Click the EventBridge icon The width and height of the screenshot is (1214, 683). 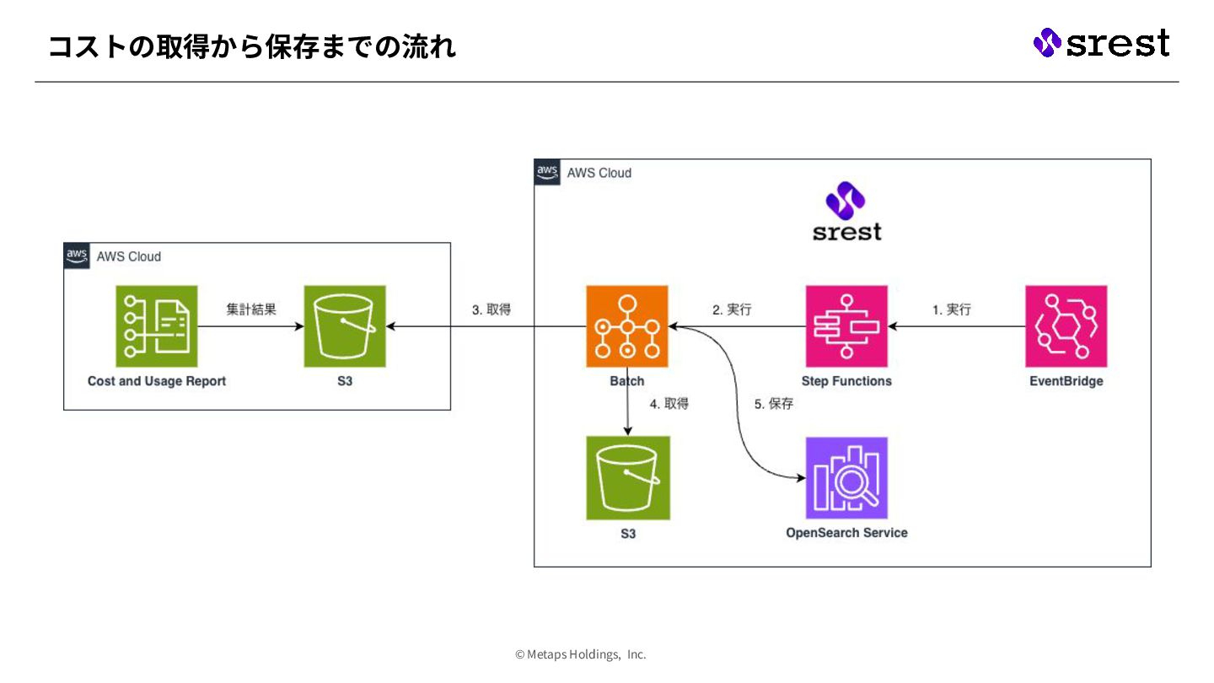(x=1066, y=326)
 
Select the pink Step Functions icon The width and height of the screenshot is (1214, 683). (x=846, y=326)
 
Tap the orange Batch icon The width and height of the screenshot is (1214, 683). (x=627, y=326)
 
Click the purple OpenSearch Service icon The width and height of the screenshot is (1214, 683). (x=846, y=478)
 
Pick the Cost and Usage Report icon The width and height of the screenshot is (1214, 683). (x=157, y=326)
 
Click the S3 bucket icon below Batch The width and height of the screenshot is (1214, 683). (x=628, y=478)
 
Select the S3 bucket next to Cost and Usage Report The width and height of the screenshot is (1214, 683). (x=345, y=326)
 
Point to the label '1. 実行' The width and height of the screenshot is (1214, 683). (x=952, y=309)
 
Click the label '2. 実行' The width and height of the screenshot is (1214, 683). (x=732, y=309)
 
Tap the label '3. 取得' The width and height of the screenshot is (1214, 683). (x=491, y=309)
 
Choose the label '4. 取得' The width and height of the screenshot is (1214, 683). (x=669, y=404)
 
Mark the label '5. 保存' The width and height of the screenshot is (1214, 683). (x=774, y=404)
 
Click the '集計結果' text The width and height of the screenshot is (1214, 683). (x=251, y=309)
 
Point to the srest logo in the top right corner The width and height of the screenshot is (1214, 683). (x=1101, y=42)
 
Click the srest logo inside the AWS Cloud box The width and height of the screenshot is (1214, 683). (x=846, y=212)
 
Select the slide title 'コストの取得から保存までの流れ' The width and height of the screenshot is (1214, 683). (x=252, y=46)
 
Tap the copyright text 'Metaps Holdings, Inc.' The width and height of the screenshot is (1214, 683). (x=581, y=654)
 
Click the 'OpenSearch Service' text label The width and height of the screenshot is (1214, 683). (x=846, y=533)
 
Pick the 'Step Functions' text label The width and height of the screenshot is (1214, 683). (x=846, y=381)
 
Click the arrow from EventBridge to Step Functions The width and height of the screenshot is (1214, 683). (x=957, y=326)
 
